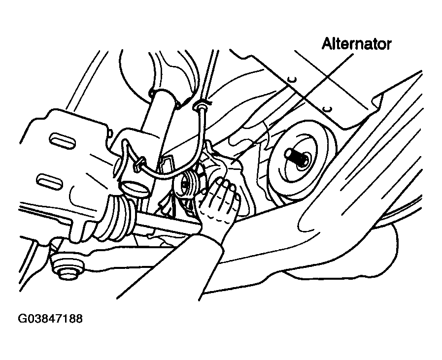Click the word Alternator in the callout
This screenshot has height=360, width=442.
[x=357, y=44]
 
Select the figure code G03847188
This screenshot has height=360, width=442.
[x=50, y=319]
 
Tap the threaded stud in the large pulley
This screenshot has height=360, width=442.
[x=296, y=157]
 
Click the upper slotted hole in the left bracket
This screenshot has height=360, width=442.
[x=63, y=140]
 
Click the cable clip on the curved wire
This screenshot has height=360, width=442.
[x=138, y=164]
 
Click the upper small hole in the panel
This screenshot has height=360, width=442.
[x=293, y=80]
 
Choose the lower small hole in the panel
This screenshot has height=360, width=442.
[x=327, y=109]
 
